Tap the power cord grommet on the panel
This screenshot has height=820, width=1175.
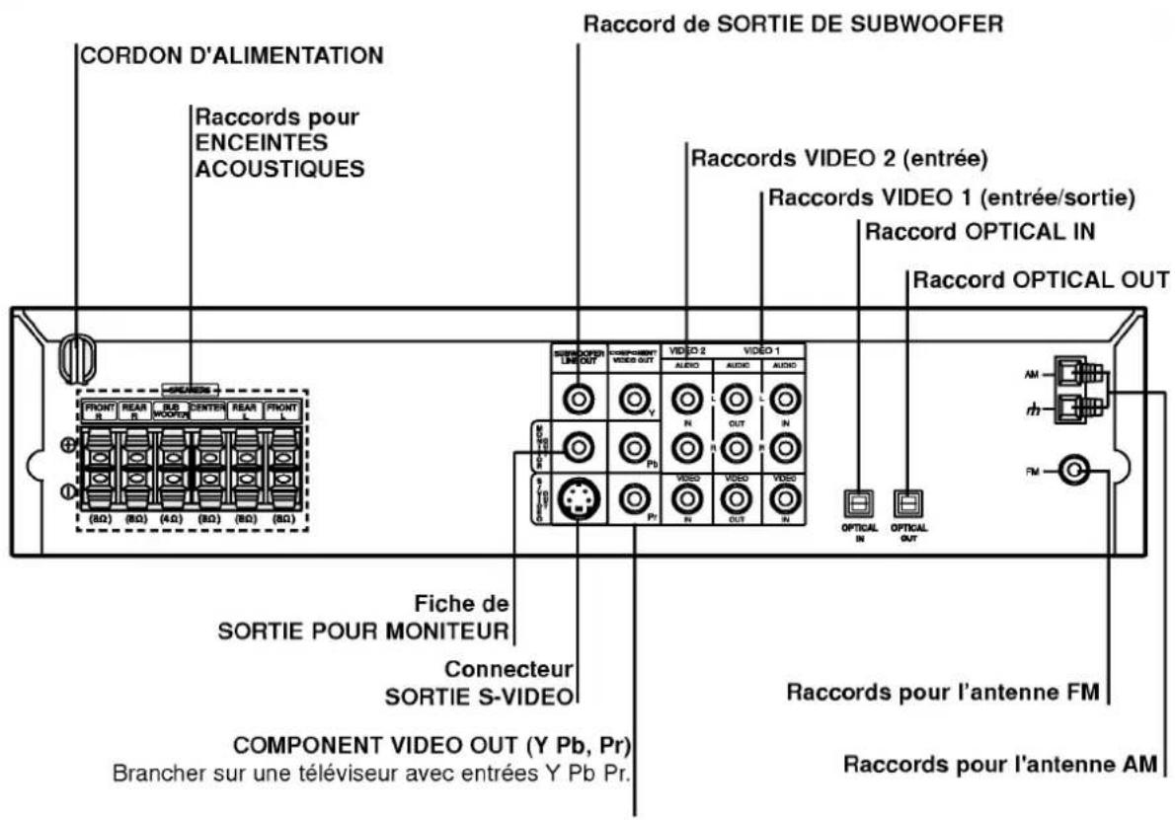click(74, 359)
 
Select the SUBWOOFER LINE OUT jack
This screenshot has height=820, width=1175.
click(578, 400)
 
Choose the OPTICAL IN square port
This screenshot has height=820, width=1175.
click(857, 503)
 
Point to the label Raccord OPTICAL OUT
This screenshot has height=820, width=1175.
click(1042, 280)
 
